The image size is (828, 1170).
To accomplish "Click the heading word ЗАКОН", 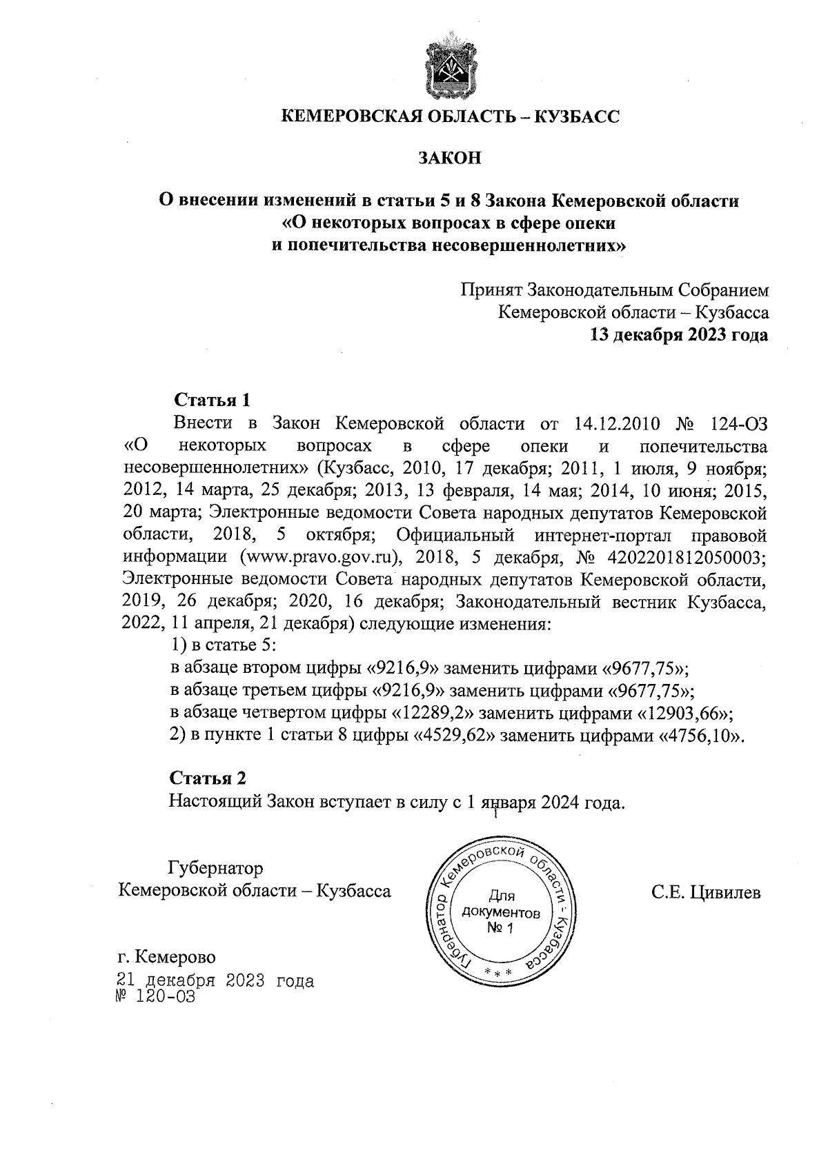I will point(449,158).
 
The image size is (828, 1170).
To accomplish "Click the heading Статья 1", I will point(212,400).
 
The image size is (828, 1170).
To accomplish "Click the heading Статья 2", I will point(208,778).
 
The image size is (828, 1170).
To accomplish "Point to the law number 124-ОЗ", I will point(734,423).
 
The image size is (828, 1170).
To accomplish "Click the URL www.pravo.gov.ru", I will point(319,557).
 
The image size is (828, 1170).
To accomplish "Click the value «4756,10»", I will point(702,735).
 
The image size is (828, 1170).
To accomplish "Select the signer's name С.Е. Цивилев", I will point(706,893).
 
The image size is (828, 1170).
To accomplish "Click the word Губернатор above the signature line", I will point(216,867).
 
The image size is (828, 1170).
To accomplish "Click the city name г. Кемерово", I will point(166,957).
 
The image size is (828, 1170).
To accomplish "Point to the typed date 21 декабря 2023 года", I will point(216,980).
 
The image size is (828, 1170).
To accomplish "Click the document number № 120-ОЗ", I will point(158,997).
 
